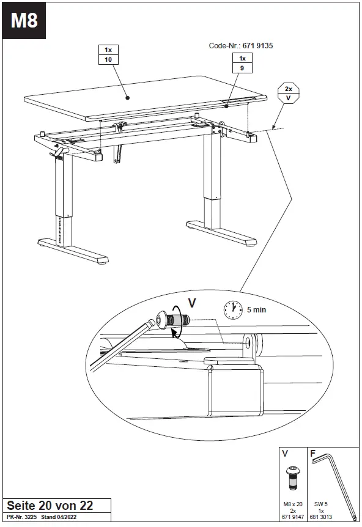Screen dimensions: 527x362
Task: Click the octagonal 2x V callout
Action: click(x=288, y=92)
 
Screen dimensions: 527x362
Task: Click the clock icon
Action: click(x=233, y=309)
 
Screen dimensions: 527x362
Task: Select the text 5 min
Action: click(x=257, y=310)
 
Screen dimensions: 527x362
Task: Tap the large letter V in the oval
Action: click(x=191, y=302)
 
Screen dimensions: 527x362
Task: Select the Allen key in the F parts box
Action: click(x=334, y=477)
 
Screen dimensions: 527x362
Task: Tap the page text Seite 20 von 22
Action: click(x=50, y=505)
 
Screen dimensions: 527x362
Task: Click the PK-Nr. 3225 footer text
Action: click(x=22, y=518)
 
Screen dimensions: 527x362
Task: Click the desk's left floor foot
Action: click(x=73, y=251)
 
